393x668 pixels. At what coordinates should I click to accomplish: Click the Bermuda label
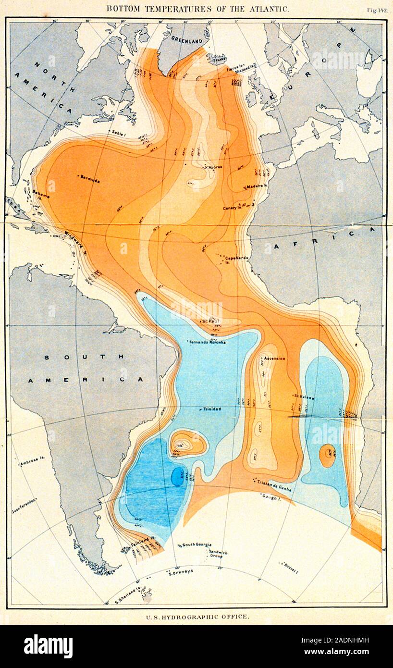[x=90, y=180]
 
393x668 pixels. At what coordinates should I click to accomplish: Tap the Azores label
[x=215, y=167]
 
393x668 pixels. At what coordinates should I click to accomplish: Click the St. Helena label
[x=303, y=396]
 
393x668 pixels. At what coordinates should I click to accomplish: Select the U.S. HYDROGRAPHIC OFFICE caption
[x=197, y=616]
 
